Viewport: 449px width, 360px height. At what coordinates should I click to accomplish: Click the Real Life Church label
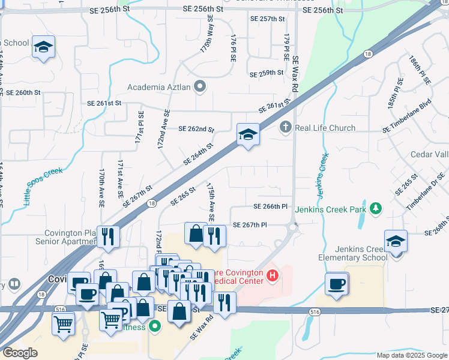tap(325, 128)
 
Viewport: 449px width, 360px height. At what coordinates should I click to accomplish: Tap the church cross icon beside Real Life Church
tap(286, 128)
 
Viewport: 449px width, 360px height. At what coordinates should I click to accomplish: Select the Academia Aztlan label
tap(159, 87)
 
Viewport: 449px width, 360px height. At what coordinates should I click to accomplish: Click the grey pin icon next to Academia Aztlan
tap(200, 87)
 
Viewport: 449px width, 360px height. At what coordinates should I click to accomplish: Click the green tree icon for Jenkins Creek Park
tap(376, 209)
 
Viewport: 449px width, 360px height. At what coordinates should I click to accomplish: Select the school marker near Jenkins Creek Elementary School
tap(396, 242)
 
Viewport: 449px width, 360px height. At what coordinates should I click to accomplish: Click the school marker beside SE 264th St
tap(247, 134)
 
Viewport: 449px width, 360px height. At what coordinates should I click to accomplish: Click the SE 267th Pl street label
tap(250, 224)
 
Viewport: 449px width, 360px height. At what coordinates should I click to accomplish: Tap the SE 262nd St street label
tap(196, 129)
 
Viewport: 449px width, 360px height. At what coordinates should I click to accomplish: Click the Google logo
tap(20, 353)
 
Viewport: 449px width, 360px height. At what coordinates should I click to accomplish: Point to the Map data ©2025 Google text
tap(412, 355)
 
